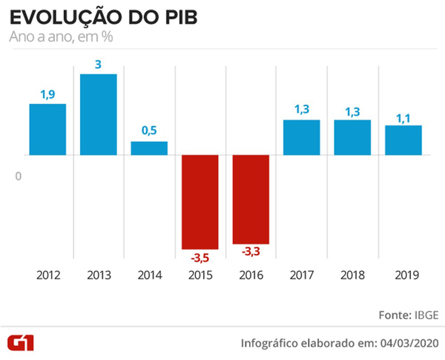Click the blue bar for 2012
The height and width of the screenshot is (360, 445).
tap(48, 129)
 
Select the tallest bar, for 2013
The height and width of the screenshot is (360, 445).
tap(99, 114)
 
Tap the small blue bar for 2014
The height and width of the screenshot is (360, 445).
tap(149, 148)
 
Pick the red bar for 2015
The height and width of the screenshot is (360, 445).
tap(200, 202)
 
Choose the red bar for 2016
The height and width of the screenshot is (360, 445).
tap(251, 199)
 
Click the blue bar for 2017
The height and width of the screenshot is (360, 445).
tap(301, 137)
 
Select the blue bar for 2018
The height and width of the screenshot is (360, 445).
tap(352, 137)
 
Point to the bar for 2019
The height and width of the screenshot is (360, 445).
tap(403, 140)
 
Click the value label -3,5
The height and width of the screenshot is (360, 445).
tap(200, 258)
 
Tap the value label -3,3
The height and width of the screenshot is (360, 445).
tap(251, 252)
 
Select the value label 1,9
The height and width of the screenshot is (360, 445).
tap(48, 94)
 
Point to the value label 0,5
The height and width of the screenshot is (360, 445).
tap(149, 131)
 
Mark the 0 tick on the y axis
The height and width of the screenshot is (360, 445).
tap(19, 176)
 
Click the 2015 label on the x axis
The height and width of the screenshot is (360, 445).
tap(200, 275)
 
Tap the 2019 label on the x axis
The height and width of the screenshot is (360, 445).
tap(403, 275)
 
